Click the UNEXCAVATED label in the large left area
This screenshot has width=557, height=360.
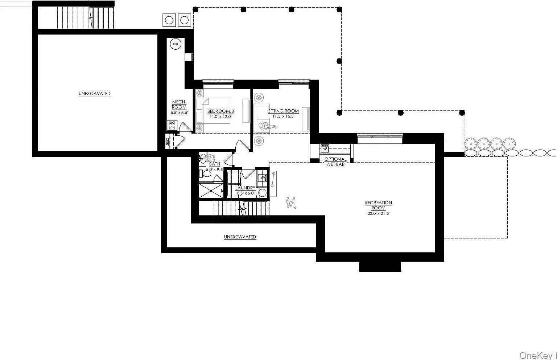[95, 94]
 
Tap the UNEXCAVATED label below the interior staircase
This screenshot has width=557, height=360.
[240, 237]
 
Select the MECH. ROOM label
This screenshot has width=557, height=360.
[179, 105]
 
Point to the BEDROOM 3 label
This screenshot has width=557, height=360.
[220, 111]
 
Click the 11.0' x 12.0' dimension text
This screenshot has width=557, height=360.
[220, 116]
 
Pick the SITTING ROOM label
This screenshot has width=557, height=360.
[284, 111]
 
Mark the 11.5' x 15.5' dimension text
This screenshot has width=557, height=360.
[284, 116]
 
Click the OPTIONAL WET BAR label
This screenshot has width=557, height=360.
[335, 162]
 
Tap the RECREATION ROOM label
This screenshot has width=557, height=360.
[378, 205]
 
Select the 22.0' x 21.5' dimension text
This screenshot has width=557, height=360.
[378, 214]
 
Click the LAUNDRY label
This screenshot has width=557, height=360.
[245, 188]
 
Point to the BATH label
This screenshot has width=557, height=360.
[215, 164]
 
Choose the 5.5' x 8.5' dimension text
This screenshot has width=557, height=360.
[179, 113]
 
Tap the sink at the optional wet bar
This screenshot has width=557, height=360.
[325, 149]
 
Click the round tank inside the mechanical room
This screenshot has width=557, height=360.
[176, 44]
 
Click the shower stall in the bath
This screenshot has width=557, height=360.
[211, 191]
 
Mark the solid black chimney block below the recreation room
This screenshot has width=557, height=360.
[380, 266]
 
